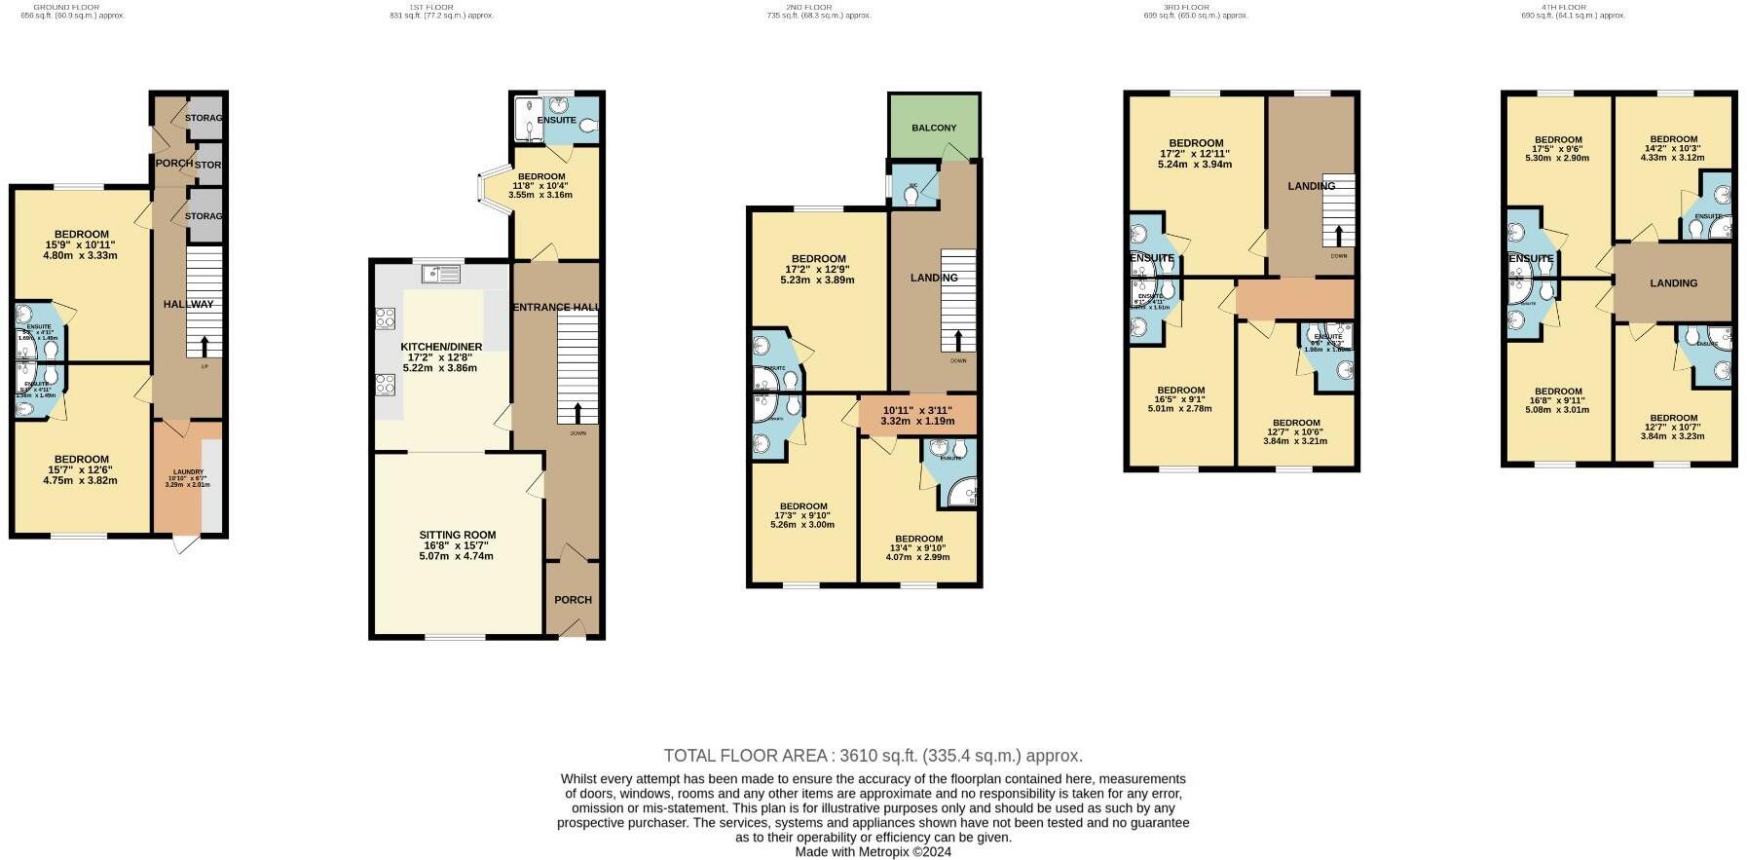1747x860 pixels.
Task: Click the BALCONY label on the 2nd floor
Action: pos(933,128)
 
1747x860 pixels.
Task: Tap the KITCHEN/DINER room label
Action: pos(441,347)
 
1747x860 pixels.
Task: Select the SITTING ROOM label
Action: pos(457,535)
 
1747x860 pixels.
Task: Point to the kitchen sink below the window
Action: pos(441,274)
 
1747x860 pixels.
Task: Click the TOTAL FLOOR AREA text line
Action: pos(873,756)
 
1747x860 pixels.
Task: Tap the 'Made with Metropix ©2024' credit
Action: pos(873,851)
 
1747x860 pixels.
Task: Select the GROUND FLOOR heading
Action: pos(66,7)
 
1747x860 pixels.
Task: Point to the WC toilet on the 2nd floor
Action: pos(911,195)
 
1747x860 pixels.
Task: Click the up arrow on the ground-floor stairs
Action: pos(204,346)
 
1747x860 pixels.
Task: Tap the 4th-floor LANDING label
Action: pos(1673,283)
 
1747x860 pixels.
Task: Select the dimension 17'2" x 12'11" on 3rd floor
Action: pos(1195,154)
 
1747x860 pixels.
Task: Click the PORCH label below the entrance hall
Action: pos(573,600)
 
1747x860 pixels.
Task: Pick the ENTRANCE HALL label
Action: pos(555,307)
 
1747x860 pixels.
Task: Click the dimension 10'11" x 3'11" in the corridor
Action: pos(915,410)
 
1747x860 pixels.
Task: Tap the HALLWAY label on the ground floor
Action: pos(188,304)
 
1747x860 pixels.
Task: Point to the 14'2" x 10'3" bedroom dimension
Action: pos(1673,148)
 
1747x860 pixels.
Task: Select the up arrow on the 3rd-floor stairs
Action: pos(1338,235)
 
